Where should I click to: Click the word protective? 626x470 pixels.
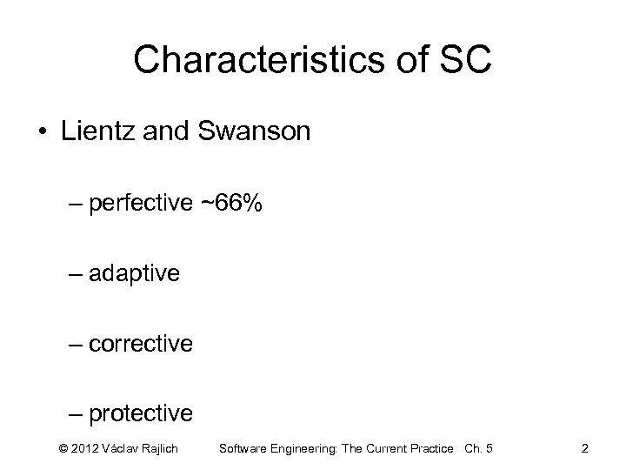coord(141,413)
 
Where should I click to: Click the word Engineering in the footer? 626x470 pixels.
coord(300,448)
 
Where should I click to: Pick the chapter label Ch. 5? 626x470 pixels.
coord(478,448)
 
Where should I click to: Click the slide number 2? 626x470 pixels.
coord(584,448)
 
